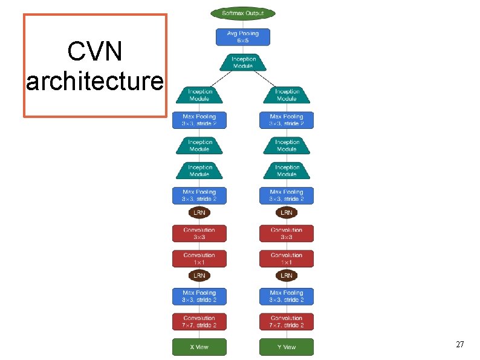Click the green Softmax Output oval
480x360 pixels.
pyautogui.click(x=242, y=13)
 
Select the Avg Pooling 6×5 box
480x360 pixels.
pyautogui.click(x=243, y=37)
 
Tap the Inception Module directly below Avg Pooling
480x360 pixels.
pyautogui.click(x=243, y=62)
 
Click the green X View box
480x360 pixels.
pyautogui.click(x=199, y=347)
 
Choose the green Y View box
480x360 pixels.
pyautogui.click(x=287, y=347)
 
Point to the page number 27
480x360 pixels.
pyautogui.click(x=459, y=344)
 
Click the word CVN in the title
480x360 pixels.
pyautogui.click(x=94, y=53)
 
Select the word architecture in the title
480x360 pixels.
pyautogui.click(x=94, y=81)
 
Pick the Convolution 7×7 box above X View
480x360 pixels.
pyautogui.click(x=199, y=321)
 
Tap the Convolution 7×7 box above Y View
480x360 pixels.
pyautogui.click(x=287, y=321)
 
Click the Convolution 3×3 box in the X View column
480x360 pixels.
pyautogui.click(x=199, y=234)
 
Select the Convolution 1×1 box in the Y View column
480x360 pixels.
pyautogui.click(x=287, y=258)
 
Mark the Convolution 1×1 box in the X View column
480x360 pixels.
pyautogui.click(x=199, y=258)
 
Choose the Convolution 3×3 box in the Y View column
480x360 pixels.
pyautogui.click(x=287, y=234)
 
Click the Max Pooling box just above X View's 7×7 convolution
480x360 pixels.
pyautogui.click(x=199, y=296)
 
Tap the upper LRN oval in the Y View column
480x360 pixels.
pyautogui.click(x=287, y=213)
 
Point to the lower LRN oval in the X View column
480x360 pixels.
pyautogui.click(x=199, y=275)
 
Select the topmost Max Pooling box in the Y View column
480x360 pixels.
pyautogui.click(x=287, y=120)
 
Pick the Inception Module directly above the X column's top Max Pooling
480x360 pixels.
pyautogui.click(x=199, y=95)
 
